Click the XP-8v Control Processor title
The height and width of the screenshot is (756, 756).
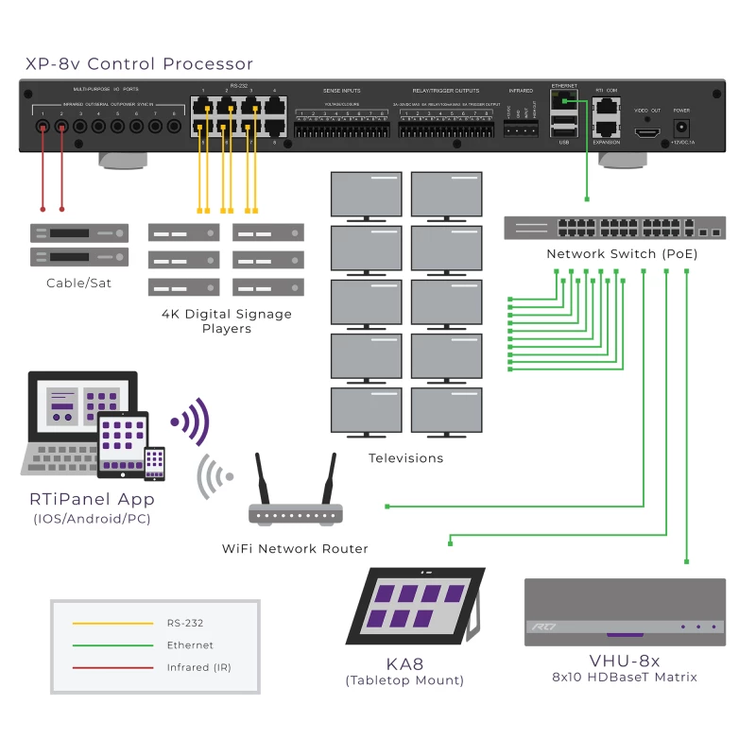[x=139, y=64]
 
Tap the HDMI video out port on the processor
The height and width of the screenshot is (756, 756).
[x=647, y=132]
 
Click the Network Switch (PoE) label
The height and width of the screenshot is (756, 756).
[x=609, y=254]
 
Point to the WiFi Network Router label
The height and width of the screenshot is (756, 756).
[x=295, y=548]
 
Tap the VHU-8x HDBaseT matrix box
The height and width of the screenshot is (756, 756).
[x=625, y=612]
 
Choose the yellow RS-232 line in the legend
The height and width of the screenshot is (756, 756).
[x=112, y=624]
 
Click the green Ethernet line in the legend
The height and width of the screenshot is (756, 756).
[x=112, y=645]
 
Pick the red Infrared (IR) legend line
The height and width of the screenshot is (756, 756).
[x=112, y=667]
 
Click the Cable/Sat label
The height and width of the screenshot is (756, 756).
[x=78, y=283]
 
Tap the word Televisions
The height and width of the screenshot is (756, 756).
[x=405, y=458]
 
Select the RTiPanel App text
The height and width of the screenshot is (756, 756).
[x=92, y=499]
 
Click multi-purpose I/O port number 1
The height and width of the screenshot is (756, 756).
[x=43, y=125]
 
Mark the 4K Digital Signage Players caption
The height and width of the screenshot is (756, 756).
[x=226, y=321]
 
